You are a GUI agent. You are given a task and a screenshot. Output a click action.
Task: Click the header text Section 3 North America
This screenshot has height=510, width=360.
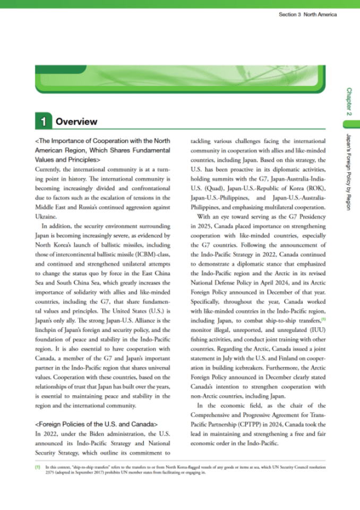[307, 14]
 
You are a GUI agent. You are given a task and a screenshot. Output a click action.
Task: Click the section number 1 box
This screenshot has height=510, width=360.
[42, 122]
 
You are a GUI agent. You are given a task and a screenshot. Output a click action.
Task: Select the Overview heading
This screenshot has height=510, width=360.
[76, 122]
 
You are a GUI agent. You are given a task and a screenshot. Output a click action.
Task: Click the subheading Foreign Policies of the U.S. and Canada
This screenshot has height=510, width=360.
[96, 424]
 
